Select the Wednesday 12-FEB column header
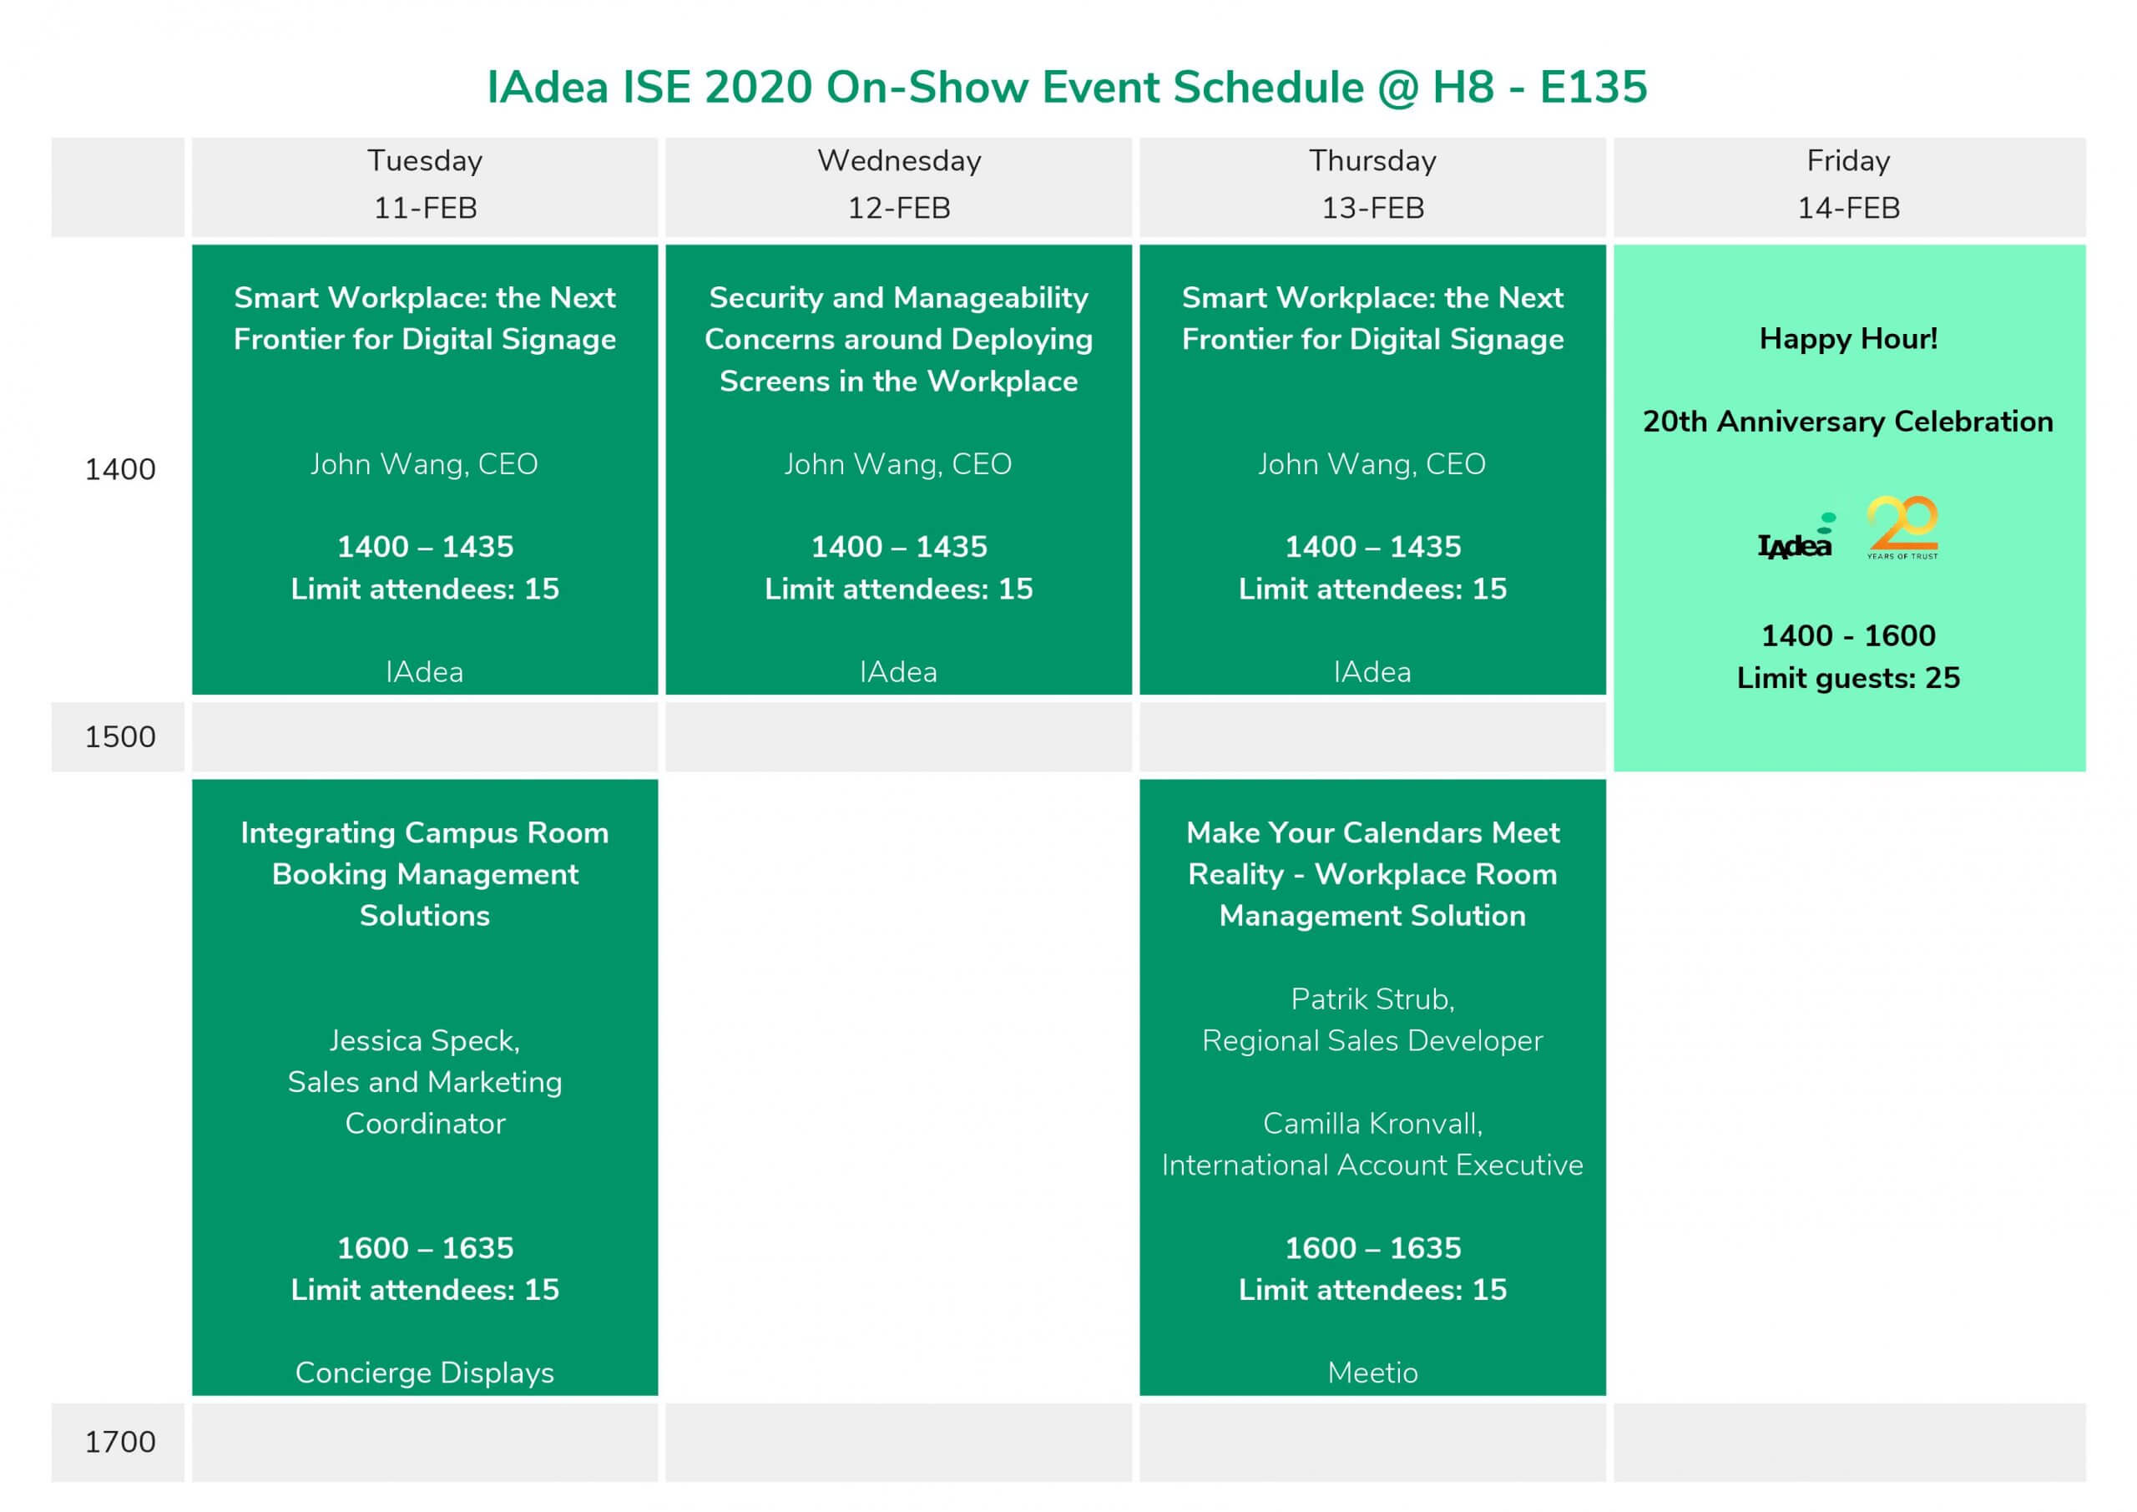pos(899,185)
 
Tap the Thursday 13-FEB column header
pos(1373,185)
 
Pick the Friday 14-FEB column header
pos(1848,185)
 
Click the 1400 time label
pos(120,469)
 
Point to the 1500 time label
pos(120,736)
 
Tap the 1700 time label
pos(120,1441)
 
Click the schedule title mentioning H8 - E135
pos(1068,88)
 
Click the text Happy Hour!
pos(1848,339)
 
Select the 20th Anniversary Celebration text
pos(1848,422)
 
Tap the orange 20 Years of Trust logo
pos(1902,527)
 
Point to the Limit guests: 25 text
pos(1848,678)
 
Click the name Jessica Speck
pos(424,1041)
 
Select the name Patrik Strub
pos(1373,999)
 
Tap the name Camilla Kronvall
pos(1373,1124)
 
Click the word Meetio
pos(1373,1373)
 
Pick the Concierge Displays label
pos(424,1373)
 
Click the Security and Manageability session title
pos(899,339)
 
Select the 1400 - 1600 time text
pos(1848,636)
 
